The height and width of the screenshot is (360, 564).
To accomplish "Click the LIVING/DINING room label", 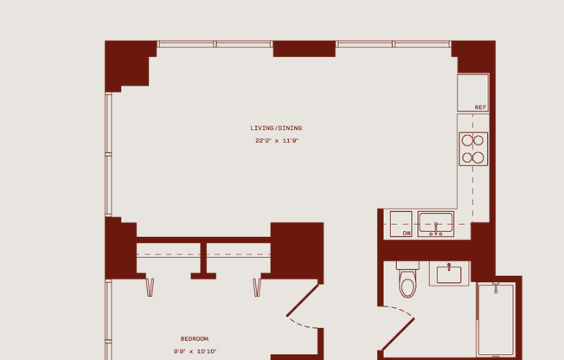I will click(x=277, y=128).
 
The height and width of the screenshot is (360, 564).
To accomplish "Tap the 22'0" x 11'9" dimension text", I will click(x=277, y=140).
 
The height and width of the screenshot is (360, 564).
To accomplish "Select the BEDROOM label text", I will click(x=195, y=338).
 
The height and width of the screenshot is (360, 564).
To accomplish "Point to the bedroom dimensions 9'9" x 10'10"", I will click(x=195, y=350).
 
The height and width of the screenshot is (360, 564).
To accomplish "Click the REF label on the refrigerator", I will click(x=480, y=107).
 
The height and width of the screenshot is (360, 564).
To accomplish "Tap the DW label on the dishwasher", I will click(x=407, y=233).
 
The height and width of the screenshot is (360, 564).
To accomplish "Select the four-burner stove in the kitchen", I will click(x=473, y=148).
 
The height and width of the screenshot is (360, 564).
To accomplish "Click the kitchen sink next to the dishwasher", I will click(x=436, y=223).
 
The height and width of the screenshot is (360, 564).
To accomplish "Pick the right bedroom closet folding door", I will click(x=257, y=287).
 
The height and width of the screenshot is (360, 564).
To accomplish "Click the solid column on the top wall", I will click(x=304, y=48).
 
